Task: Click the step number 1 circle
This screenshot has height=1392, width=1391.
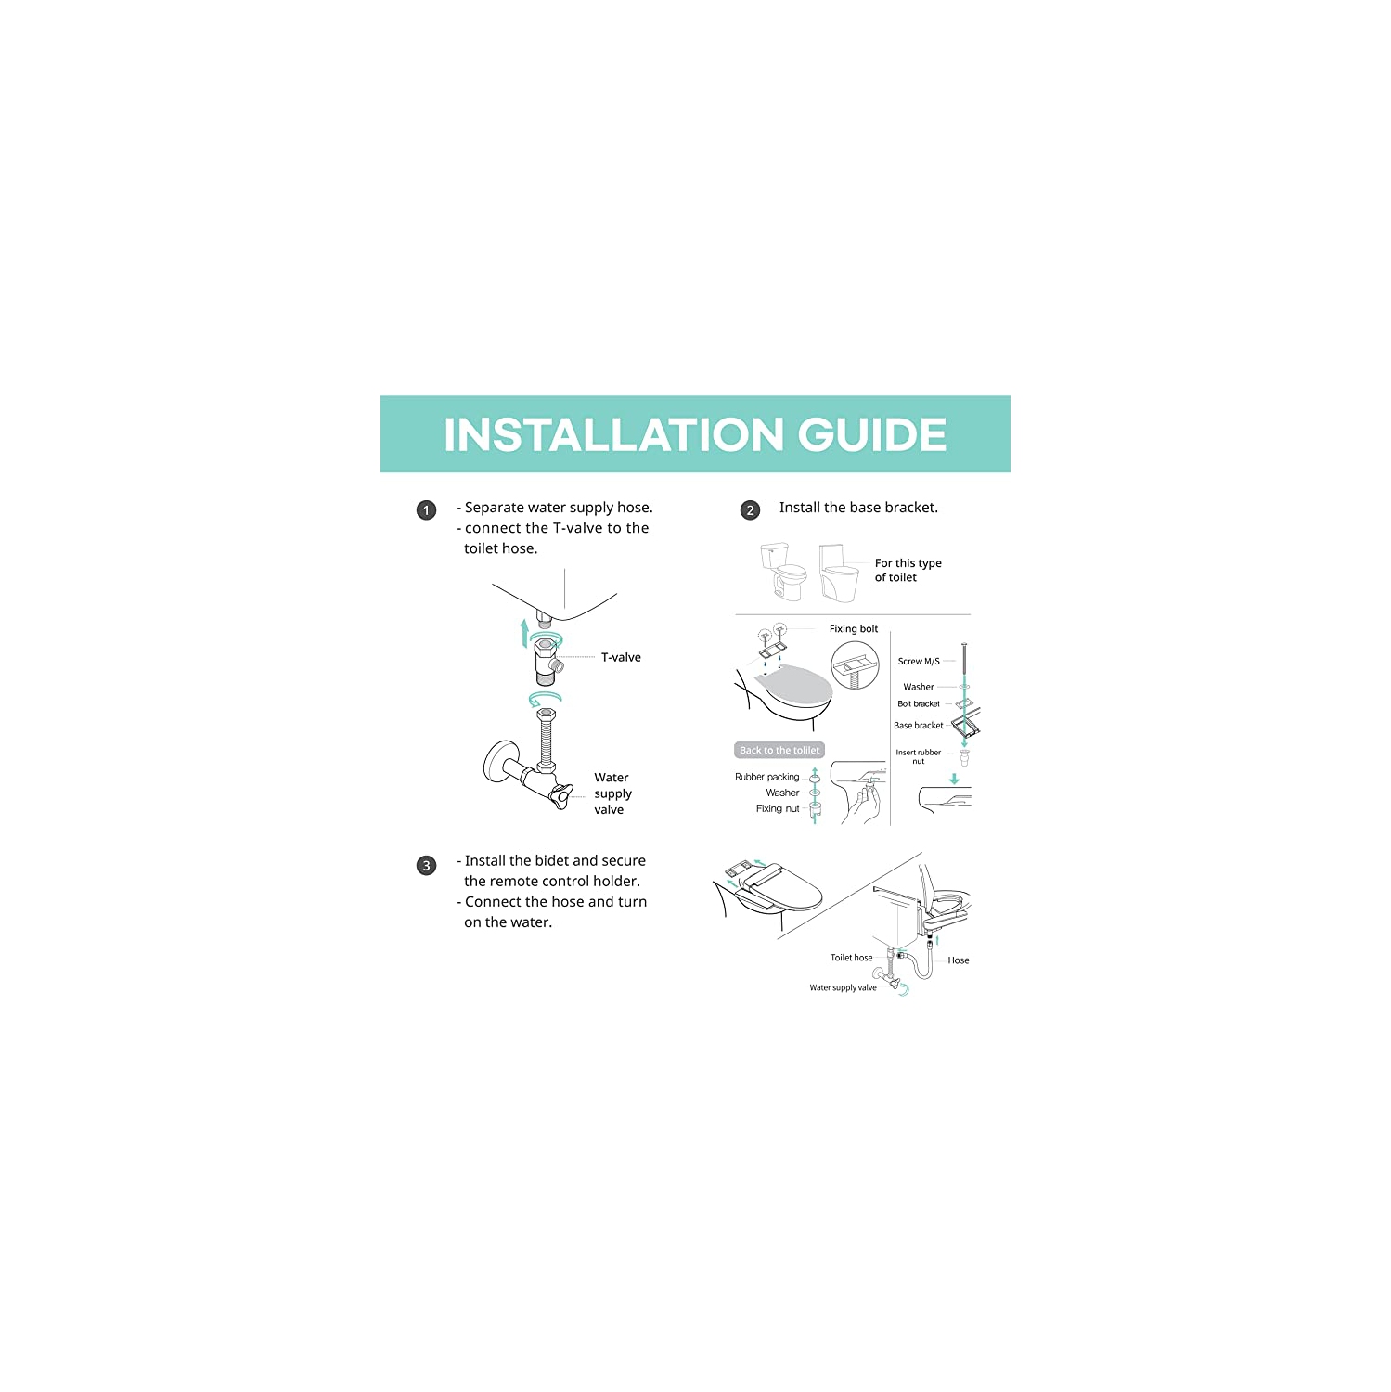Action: point(426,510)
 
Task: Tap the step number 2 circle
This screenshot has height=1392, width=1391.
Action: point(750,510)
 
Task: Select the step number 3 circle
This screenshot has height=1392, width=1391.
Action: point(426,866)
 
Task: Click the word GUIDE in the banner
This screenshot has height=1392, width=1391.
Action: point(872,435)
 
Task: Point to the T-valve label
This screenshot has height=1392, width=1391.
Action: point(621,658)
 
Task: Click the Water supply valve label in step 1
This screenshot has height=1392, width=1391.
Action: point(612,793)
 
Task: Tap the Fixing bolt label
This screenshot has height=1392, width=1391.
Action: point(853,629)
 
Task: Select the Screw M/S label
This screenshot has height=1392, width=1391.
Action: point(919,662)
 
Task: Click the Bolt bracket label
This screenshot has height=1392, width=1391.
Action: point(919,704)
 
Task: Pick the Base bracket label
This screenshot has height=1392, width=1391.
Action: point(919,726)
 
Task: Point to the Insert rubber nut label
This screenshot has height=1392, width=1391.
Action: point(919,756)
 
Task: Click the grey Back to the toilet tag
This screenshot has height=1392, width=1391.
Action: point(779,751)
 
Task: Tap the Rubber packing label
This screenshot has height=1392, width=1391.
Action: point(766,777)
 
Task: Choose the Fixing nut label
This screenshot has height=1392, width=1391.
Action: point(777,809)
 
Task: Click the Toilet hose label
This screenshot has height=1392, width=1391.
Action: point(851,958)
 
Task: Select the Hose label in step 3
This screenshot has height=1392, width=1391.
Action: point(959,960)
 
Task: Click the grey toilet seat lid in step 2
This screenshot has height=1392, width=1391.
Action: point(793,686)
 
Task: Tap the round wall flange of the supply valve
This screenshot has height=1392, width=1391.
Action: point(499,762)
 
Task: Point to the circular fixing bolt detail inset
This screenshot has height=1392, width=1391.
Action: point(855,665)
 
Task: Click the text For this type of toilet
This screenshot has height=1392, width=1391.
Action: point(908,570)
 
